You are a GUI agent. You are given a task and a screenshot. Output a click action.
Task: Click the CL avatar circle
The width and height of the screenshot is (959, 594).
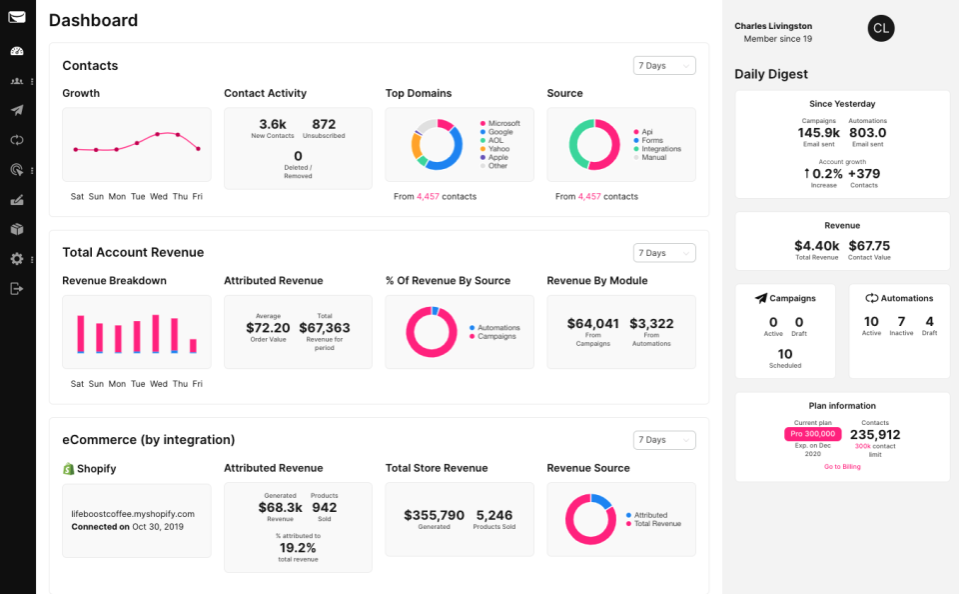click(880, 29)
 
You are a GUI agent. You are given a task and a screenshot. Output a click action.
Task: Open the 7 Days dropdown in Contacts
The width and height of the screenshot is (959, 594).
click(664, 66)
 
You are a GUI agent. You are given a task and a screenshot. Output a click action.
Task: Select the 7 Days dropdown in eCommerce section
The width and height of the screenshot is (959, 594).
click(664, 440)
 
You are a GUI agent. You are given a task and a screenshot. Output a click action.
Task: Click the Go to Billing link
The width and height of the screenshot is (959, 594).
click(842, 467)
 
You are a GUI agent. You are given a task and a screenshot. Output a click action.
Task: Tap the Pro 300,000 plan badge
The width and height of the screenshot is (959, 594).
click(812, 434)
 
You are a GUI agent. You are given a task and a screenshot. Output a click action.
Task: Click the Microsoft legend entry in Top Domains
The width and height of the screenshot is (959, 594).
click(503, 124)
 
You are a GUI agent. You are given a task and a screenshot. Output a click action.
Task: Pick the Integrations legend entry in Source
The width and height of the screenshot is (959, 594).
click(660, 149)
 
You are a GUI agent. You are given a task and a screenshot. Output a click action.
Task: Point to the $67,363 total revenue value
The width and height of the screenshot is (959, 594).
click(324, 327)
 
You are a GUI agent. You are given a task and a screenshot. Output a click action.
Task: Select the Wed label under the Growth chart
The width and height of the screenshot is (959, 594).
click(159, 197)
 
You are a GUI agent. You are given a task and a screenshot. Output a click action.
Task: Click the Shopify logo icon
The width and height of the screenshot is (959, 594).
click(69, 468)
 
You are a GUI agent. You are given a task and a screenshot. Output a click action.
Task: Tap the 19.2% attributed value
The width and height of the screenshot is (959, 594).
click(298, 548)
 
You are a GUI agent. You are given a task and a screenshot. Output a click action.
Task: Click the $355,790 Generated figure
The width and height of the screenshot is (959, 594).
click(434, 515)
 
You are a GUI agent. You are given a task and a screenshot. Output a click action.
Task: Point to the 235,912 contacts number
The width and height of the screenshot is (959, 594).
click(875, 434)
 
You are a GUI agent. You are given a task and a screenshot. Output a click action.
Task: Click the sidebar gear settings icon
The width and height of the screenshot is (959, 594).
click(17, 259)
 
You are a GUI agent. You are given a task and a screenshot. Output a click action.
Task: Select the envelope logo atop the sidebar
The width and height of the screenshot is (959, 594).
click(17, 17)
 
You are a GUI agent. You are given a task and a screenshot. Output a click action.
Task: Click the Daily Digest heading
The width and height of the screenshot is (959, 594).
click(771, 74)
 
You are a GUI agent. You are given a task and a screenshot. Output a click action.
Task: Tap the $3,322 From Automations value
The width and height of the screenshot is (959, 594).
click(651, 323)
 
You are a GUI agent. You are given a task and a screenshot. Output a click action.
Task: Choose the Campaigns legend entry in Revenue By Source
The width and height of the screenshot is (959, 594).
click(498, 336)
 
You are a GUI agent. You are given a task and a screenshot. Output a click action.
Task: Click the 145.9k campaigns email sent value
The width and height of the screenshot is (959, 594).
click(818, 133)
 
